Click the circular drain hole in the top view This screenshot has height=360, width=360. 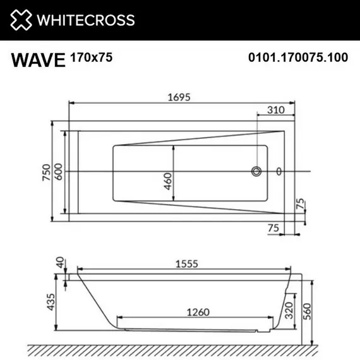point(256,171)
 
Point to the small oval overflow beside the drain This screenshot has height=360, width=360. point(279,171)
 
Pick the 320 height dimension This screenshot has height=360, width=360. point(289,311)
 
